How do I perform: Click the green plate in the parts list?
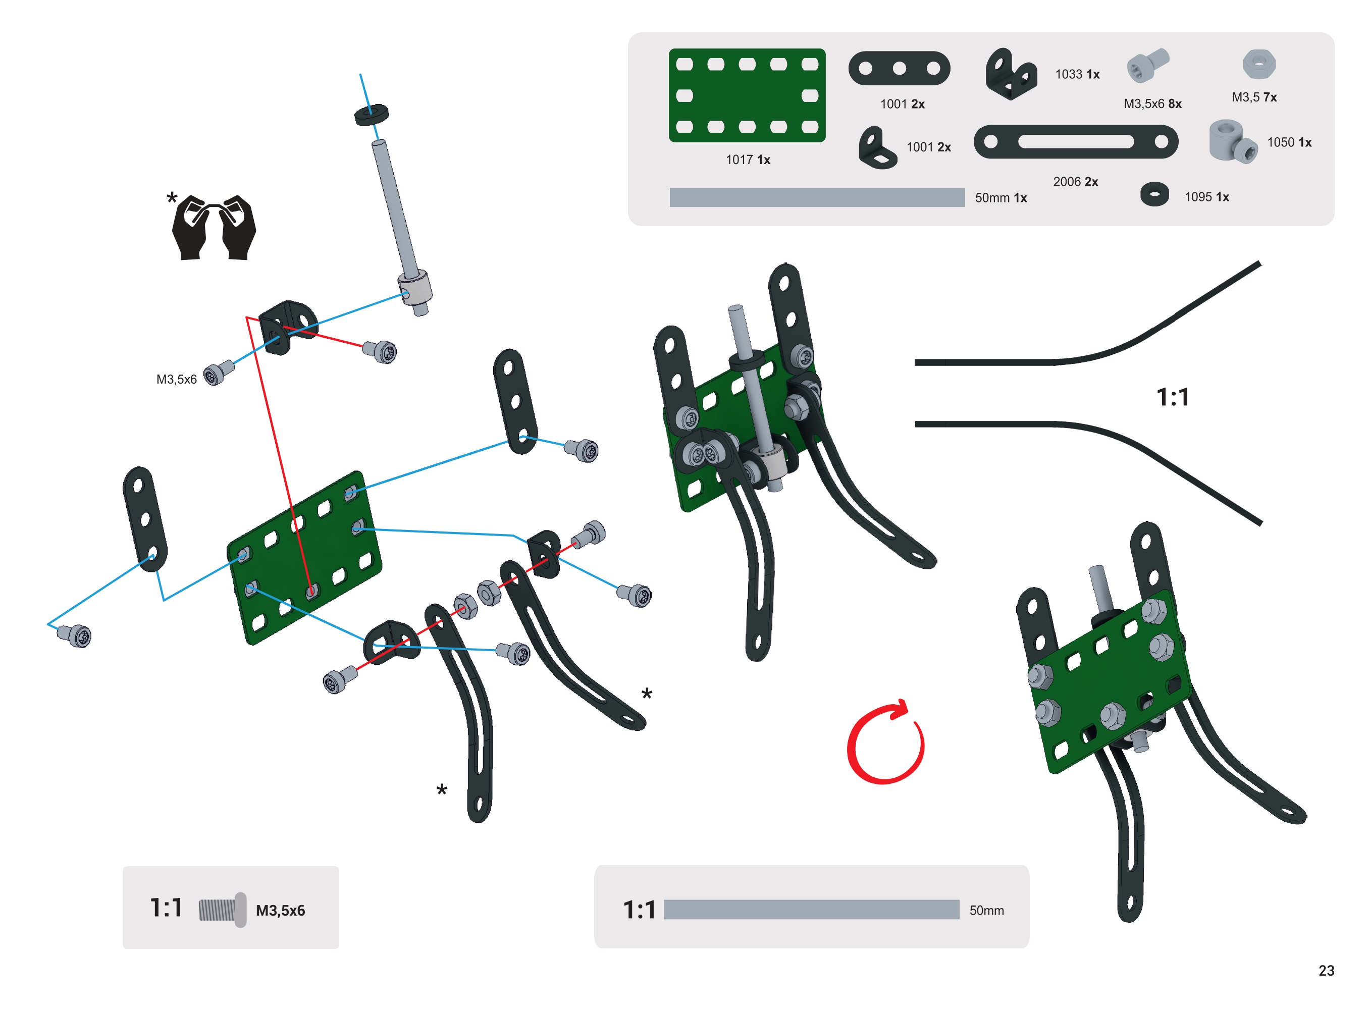coord(747,95)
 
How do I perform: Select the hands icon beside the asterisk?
coord(214,228)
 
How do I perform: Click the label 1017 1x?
coord(748,160)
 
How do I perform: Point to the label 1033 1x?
coord(1077,75)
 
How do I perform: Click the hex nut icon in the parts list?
coord(1258,64)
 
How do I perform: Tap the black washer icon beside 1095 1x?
coord(1154,195)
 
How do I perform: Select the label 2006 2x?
coord(1075,182)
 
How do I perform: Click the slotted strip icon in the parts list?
coord(1075,142)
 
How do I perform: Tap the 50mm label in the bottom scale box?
coord(986,911)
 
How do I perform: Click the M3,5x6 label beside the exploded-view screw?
coord(176,380)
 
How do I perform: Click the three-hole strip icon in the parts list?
coord(899,69)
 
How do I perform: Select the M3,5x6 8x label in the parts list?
coord(1152,104)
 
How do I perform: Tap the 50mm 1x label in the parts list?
coord(1000,198)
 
